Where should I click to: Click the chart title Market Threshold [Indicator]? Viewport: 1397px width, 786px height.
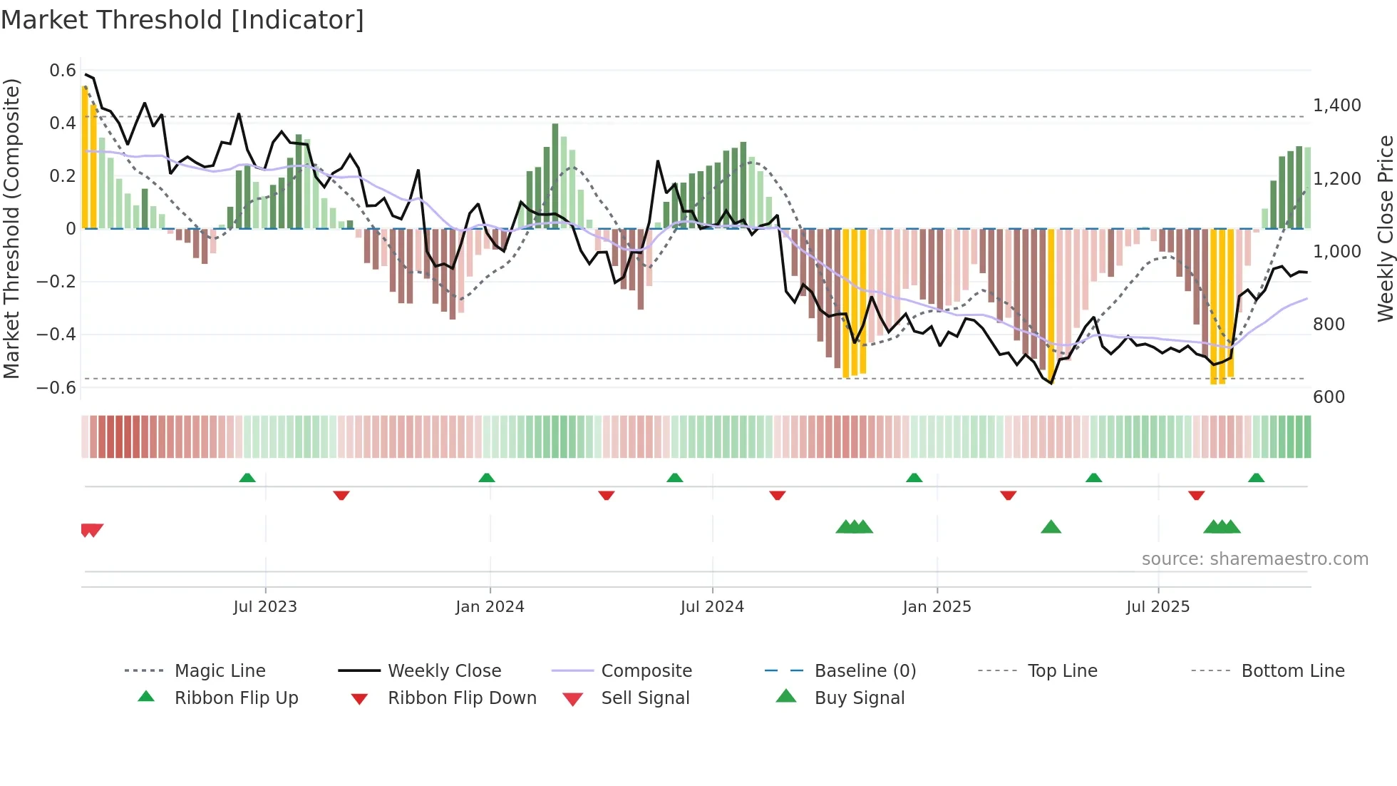[182, 20]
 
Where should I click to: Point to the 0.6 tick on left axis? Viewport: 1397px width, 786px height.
[63, 71]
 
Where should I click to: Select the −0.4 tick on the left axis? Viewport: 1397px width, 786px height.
[56, 335]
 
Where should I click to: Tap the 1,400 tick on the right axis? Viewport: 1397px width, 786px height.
[1337, 106]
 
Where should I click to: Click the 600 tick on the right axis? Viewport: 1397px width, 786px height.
[1329, 397]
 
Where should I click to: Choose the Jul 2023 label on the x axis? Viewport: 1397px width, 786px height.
[265, 607]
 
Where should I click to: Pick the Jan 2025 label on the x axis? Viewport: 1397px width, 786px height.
[937, 607]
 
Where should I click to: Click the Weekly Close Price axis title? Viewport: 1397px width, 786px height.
[1385, 228]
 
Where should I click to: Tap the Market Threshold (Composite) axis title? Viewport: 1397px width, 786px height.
[11, 228]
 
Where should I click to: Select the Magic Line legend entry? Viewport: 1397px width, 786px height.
[220, 671]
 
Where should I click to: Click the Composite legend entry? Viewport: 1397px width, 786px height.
[646, 671]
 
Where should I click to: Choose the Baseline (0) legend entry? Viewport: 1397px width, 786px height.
[865, 671]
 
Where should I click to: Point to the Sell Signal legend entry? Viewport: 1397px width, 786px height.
[645, 698]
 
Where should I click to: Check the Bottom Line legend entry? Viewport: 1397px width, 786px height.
[1292, 671]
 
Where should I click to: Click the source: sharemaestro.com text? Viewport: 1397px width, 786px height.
[1254, 559]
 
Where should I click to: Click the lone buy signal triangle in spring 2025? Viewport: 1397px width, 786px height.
[1051, 528]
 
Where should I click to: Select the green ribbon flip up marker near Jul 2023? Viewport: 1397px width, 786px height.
[247, 478]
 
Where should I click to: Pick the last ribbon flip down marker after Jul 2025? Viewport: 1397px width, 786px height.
[1196, 495]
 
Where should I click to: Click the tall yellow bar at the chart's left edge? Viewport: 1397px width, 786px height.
[85, 157]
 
